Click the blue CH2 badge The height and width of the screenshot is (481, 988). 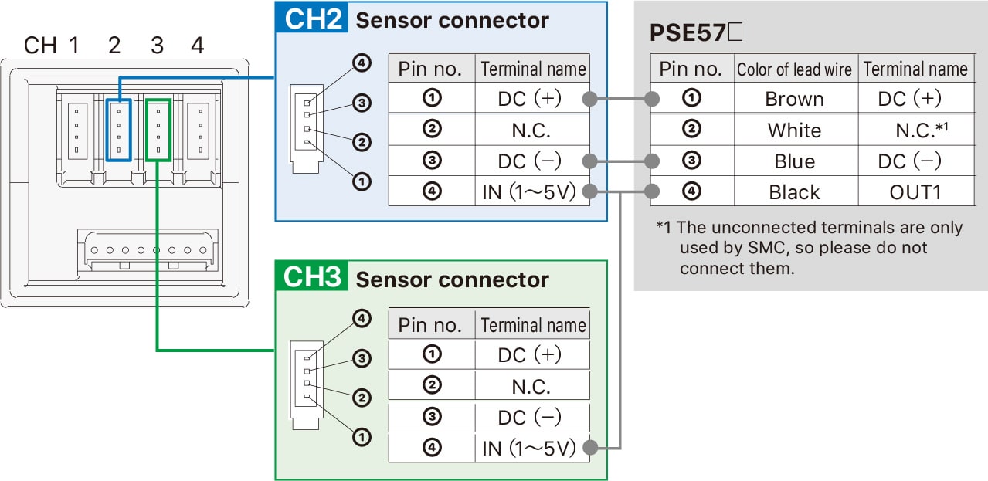coord(312,19)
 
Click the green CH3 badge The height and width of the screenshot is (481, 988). coord(312,276)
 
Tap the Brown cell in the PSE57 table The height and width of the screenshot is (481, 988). coord(794,99)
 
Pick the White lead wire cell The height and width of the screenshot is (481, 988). coord(794,130)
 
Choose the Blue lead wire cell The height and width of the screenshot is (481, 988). coord(794,161)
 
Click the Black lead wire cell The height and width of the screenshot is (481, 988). coord(794,192)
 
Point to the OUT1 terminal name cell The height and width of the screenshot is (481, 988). coord(915,192)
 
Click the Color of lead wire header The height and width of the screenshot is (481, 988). coord(794,69)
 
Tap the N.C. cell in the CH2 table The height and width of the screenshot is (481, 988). coord(532,130)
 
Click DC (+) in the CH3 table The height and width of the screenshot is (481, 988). coord(532,354)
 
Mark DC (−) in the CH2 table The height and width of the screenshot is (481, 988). coord(532,161)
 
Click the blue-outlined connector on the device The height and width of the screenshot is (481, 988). coord(118,129)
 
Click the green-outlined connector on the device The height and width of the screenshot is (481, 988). coord(158,129)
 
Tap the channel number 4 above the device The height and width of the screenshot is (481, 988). coord(198,46)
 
